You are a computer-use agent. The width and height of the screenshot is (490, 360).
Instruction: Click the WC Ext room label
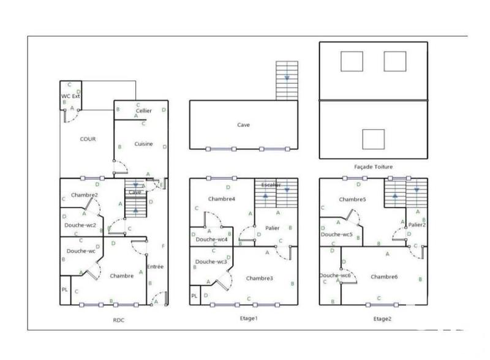(70, 96)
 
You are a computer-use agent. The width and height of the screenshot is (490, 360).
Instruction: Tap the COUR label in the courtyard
(88, 139)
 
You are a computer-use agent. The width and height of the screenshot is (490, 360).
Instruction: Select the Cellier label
(144, 111)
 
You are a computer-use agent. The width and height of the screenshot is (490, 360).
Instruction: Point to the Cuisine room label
(143, 144)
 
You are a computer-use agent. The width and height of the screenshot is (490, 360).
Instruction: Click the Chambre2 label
(85, 195)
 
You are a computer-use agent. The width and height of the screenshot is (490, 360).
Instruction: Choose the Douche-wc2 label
(80, 225)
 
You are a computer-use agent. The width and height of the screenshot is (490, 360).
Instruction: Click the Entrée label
(155, 266)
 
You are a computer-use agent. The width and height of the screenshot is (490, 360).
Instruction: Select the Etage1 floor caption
(247, 318)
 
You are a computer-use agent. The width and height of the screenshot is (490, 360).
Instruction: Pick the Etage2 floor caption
(382, 318)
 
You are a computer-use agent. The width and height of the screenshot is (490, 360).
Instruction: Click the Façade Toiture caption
(374, 167)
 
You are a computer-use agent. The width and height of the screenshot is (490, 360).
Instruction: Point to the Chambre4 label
(221, 199)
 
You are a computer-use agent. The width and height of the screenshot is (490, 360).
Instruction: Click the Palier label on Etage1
(273, 228)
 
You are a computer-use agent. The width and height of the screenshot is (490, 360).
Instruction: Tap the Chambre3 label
(260, 278)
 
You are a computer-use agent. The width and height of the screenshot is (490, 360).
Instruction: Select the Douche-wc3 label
(211, 261)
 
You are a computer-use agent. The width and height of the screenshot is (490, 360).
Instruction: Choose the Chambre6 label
(384, 277)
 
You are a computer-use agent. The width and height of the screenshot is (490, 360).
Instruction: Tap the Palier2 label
(417, 224)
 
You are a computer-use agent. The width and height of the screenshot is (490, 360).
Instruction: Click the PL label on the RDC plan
(64, 289)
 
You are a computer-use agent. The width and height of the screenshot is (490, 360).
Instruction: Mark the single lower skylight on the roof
(373, 140)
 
